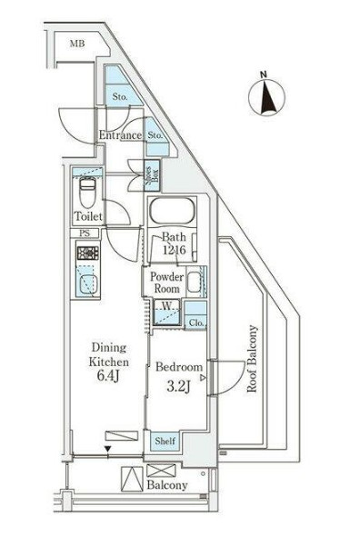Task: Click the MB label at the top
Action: coord(77,44)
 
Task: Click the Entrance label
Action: coord(120,135)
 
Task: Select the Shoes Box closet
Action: coord(152,175)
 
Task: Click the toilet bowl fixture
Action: coord(87,193)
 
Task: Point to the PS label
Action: coord(85,233)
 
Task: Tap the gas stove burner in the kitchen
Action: coord(88,253)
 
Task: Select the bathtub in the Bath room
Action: coord(172,211)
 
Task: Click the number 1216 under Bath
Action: coord(174,250)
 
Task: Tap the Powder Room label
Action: coord(166,283)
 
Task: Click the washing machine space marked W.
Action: coord(166,313)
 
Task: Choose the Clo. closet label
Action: coord(196,323)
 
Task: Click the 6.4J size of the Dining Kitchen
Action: coord(108,376)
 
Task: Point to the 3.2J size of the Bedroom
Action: coord(178,387)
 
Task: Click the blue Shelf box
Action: coord(165,442)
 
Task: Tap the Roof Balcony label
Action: coord(252,359)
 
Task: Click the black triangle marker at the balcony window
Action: coord(108,449)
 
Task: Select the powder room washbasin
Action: coord(194,282)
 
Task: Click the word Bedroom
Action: coord(178,367)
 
